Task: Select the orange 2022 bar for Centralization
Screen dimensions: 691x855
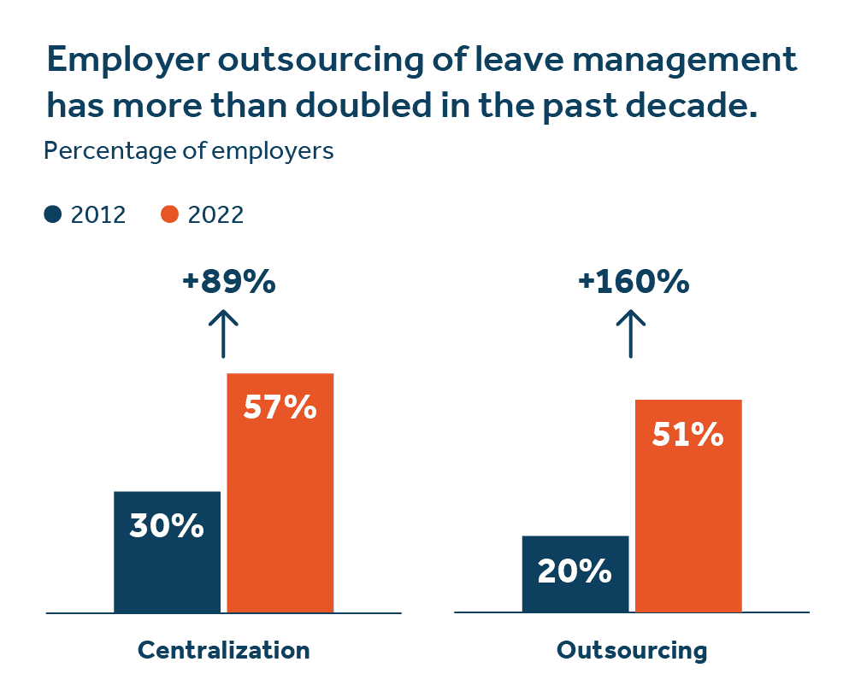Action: (280, 512)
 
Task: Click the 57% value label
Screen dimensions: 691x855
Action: (280, 408)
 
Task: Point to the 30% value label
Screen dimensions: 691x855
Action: (167, 526)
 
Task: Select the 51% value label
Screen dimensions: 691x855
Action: (687, 435)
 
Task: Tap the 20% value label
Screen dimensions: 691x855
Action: (575, 571)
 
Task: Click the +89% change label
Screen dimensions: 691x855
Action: (229, 283)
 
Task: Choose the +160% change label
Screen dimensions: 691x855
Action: (634, 283)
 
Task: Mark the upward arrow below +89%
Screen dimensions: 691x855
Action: (223, 333)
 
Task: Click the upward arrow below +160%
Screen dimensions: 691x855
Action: (631, 333)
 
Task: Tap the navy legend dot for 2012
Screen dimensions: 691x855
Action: (53, 214)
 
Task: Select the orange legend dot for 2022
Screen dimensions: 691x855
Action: (169, 214)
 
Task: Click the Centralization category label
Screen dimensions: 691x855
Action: (223, 650)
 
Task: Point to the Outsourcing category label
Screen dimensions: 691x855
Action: (632, 650)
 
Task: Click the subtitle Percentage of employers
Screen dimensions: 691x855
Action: (188, 152)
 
